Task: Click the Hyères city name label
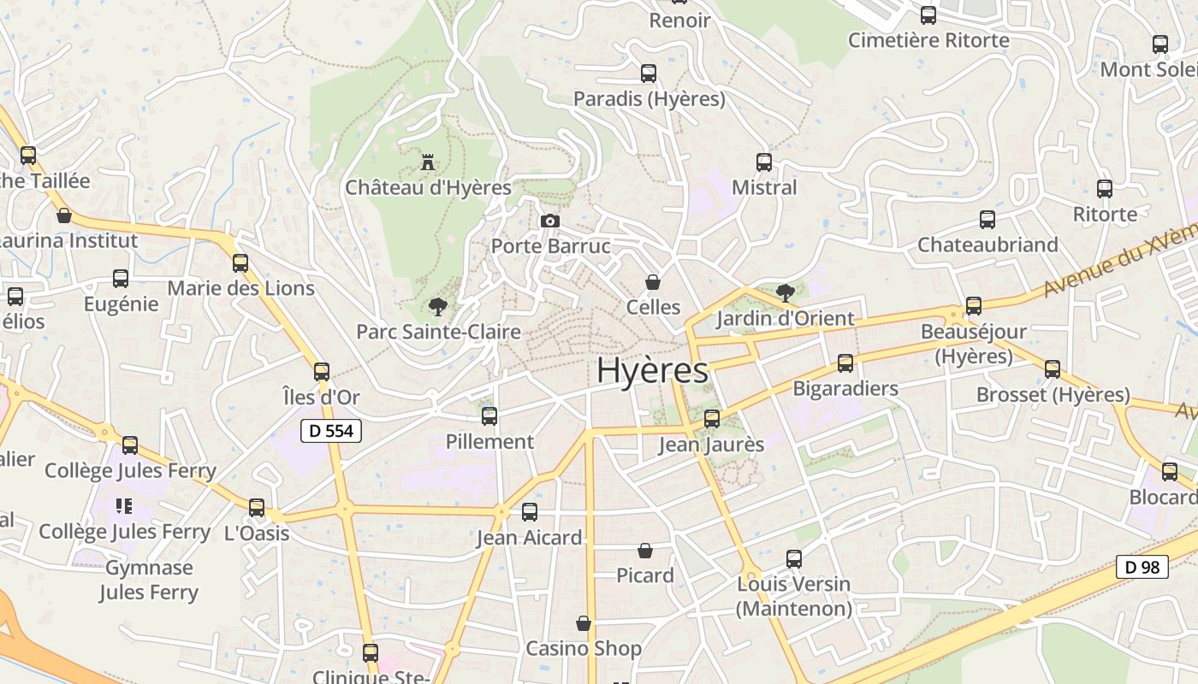[x=652, y=370]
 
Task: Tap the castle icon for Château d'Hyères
[x=428, y=162]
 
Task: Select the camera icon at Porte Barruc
[x=550, y=221]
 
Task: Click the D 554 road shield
[x=331, y=431]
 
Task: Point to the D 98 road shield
[x=1142, y=566]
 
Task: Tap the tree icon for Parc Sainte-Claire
[x=438, y=306]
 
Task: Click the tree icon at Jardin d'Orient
[x=785, y=293]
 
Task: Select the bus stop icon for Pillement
[x=489, y=416]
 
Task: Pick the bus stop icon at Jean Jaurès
[x=712, y=419]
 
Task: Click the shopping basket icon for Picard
[x=645, y=551]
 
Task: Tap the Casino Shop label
[x=584, y=648]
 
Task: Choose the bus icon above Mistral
[x=764, y=162]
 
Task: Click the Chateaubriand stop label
[x=987, y=245]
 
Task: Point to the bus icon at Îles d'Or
[x=322, y=372]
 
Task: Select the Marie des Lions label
[x=240, y=288]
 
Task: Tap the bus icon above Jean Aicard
[x=530, y=512]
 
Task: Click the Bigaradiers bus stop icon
[x=845, y=363]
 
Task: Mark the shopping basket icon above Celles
[x=653, y=282]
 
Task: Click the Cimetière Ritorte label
[x=928, y=40]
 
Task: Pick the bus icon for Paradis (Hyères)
[x=649, y=74]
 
